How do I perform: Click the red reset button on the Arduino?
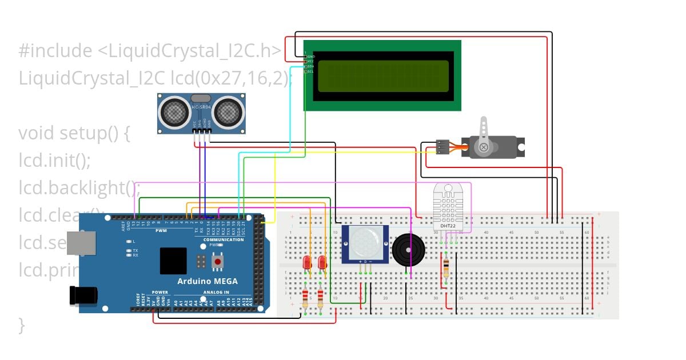tap(217, 262)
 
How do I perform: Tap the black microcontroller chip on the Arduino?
tap(173, 261)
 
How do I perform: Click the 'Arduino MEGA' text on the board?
tap(207, 281)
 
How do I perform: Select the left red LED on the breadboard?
tap(306, 262)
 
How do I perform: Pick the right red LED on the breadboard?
tap(322, 262)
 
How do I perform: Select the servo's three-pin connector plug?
tap(441, 147)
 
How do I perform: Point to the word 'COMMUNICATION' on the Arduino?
tap(224, 239)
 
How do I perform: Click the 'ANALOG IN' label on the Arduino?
tap(216, 292)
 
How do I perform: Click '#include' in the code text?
tap(54, 51)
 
